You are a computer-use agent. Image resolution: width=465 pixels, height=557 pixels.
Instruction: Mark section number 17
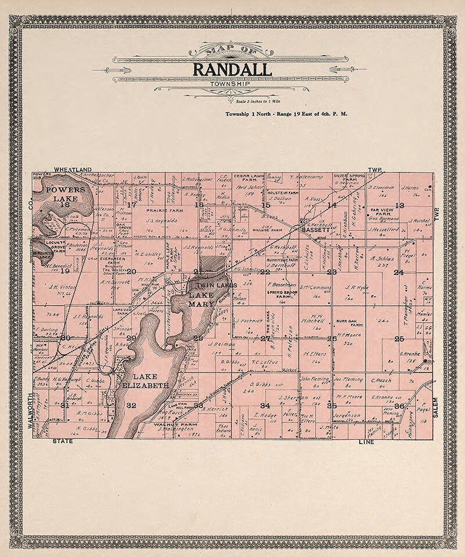131,204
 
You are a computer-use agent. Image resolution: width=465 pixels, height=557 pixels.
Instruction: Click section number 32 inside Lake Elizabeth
131,405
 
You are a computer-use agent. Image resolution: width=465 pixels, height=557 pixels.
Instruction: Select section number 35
332,405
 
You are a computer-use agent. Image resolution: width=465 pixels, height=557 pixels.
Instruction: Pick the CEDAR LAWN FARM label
249,176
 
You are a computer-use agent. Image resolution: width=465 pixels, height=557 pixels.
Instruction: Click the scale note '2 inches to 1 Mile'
232,102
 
